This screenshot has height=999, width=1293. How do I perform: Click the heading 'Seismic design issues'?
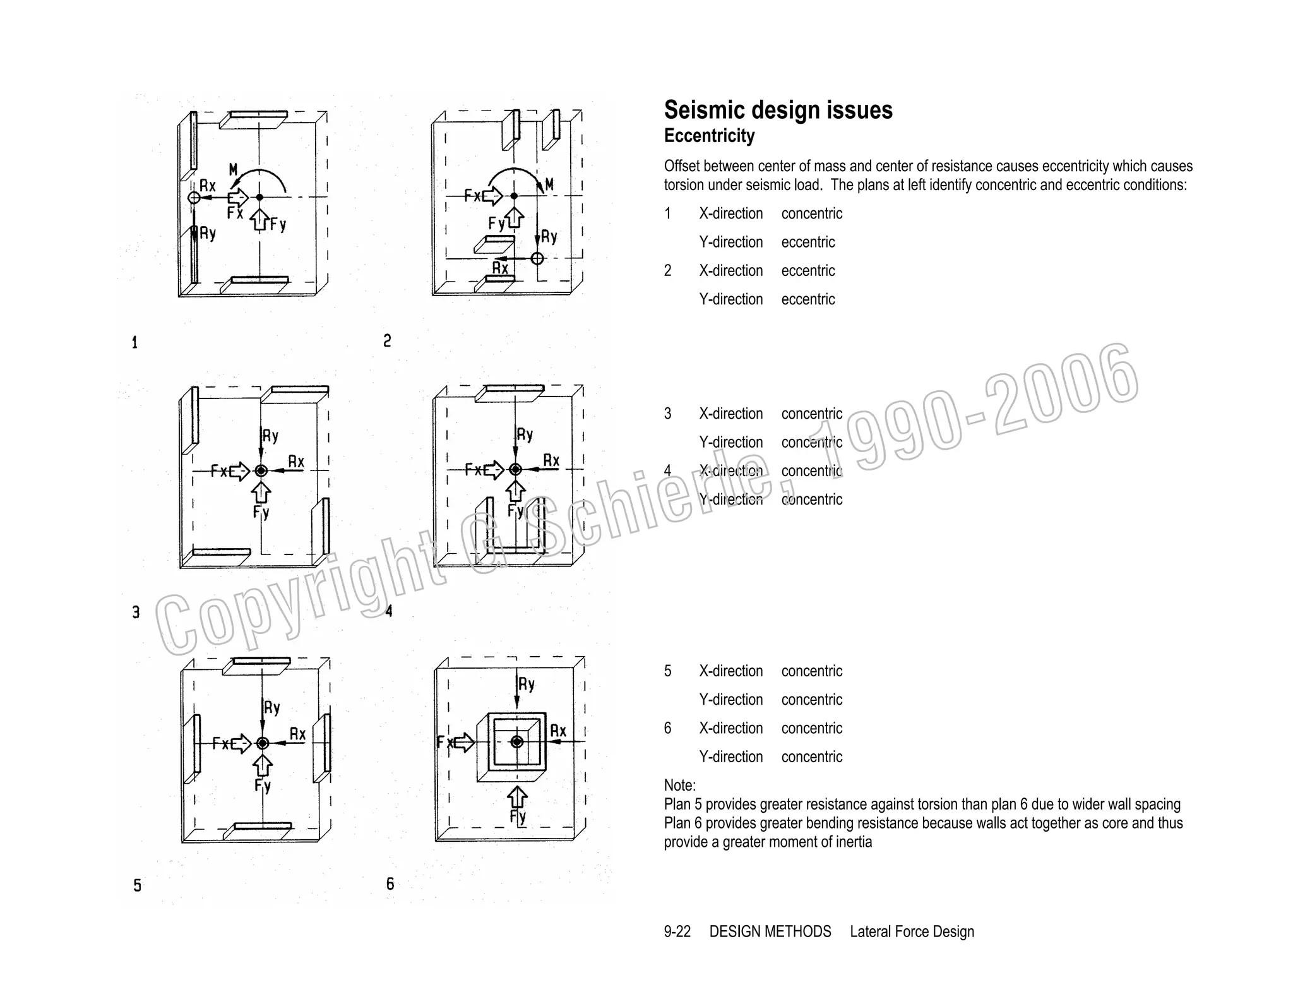[778, 111]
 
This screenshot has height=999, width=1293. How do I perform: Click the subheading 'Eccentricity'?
[709, 136]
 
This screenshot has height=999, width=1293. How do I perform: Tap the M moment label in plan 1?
[234, 169]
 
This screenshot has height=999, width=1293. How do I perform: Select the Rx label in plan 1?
[208, 186]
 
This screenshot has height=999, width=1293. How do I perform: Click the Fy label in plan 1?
[278, 224]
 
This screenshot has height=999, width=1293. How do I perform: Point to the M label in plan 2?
[549, 184]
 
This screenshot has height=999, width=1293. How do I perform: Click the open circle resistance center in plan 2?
[537, 258]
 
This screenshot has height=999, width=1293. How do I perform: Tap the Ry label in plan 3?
[271, 436]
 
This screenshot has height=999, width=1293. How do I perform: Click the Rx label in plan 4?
[551, 460]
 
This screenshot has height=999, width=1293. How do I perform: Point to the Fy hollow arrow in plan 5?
[263, 765]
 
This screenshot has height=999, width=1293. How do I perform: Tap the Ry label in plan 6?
[527, 685]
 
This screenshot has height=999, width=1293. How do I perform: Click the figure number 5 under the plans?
[137, 885]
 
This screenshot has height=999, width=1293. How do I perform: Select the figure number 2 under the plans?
[387, 341]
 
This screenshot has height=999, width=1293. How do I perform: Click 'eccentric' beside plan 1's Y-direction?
[807, 242]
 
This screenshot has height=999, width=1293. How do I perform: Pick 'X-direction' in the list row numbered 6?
[730, 728]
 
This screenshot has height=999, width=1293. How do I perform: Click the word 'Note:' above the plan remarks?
[679, 786]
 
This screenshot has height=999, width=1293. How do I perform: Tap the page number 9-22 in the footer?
[677, 931]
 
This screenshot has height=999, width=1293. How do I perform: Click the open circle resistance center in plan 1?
[194, 198]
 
